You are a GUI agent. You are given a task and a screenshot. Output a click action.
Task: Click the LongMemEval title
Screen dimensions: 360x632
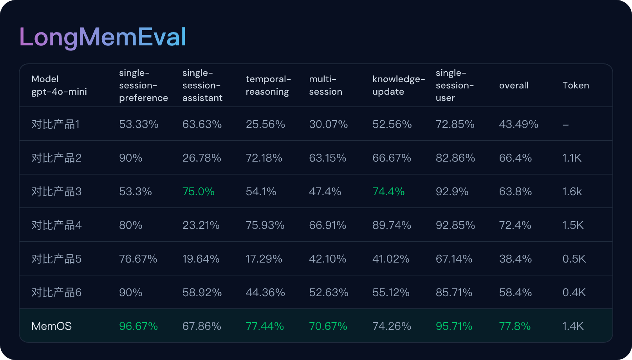click(103, 37)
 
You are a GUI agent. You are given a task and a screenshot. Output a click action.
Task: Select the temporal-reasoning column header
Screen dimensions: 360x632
click(268, 85)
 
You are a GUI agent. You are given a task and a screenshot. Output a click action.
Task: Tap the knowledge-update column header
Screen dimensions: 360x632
click(398, 85)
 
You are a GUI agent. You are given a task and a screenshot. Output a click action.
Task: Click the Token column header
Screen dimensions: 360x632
click(575, 85)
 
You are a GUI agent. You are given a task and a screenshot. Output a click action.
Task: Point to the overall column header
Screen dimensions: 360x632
click(513, 85)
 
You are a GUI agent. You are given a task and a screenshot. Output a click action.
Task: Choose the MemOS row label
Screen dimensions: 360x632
click(51, 326)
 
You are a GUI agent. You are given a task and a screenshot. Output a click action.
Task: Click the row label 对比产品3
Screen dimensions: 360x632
click(56, 191)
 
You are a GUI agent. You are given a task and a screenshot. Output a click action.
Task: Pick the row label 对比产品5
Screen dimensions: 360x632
click(56, 259)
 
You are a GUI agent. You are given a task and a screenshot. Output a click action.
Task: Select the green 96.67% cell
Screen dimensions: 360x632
click(138, 326)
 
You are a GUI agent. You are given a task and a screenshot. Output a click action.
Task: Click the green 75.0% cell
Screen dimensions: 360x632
click(198, 191)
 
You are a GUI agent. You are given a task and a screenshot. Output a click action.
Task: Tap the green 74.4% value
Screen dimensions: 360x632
click(388, 191)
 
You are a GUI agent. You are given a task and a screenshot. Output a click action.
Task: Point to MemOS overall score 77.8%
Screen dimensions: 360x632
click(515, 326)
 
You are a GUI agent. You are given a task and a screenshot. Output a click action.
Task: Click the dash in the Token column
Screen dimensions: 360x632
click(565, 125)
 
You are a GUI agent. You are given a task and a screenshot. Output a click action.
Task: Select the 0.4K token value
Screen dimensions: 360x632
click(574, 292)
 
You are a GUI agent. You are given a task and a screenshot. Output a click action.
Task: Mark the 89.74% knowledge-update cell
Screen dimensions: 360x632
click(392, 225)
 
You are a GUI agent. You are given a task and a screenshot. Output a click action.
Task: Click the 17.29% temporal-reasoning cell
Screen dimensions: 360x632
click(264, 259)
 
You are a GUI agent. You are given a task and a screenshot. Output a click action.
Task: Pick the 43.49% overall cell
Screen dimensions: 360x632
click(518, 124)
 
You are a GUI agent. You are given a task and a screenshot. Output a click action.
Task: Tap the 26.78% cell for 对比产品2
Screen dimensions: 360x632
click(202, 158)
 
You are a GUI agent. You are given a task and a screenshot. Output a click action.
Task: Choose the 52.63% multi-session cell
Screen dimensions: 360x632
click(329, 292)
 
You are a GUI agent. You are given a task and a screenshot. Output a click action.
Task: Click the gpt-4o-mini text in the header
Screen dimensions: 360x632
click(59, 92)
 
